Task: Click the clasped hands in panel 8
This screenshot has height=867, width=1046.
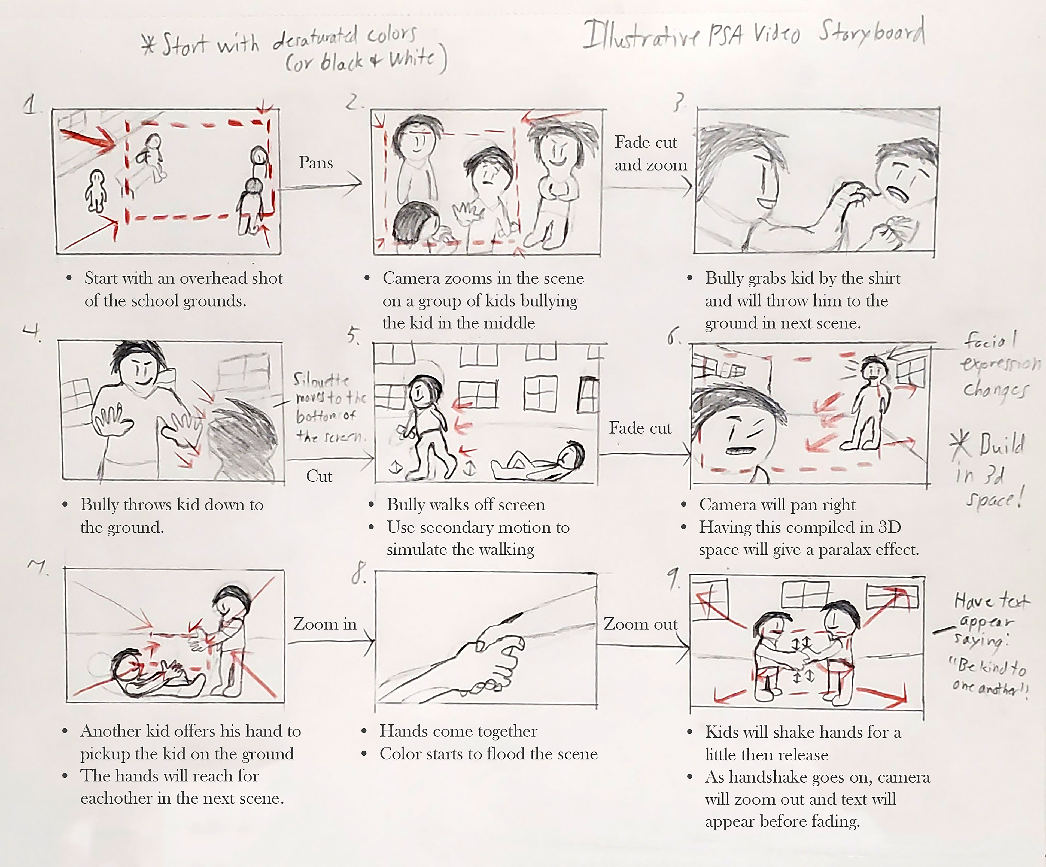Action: pyautogui.click(x=493, y=658)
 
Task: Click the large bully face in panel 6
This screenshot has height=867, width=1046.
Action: pyautogui.click(x=737, y=429)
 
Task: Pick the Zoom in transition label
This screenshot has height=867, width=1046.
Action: pyautogui.click(x=325, y=624)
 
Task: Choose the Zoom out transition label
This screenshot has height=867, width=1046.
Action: pyautogui.click(x=640, y=624)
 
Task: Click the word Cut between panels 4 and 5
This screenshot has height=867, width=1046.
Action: pyautogui.click(x=319, y=476)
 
